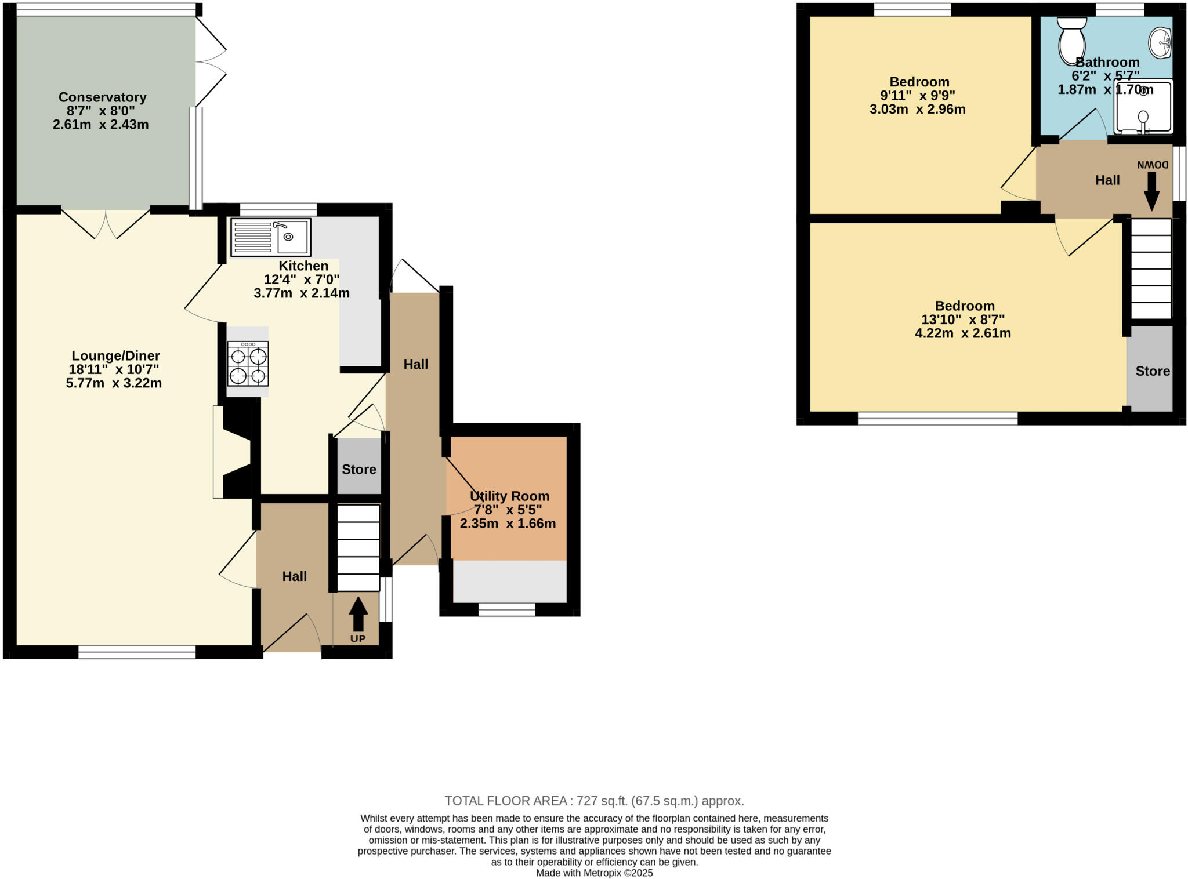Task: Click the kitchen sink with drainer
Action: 270,237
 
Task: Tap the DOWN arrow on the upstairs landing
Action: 1151,191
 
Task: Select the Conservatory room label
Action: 102,97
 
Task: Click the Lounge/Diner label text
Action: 115,355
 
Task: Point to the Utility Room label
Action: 509,496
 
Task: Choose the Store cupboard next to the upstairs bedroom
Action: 1151,371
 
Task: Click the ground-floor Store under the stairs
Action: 358,468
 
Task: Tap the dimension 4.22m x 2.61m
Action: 962,333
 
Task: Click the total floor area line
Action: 594,801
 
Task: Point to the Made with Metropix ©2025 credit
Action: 594,873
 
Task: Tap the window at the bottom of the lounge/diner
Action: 137,652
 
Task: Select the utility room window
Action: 506,609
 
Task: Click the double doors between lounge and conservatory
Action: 106,223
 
